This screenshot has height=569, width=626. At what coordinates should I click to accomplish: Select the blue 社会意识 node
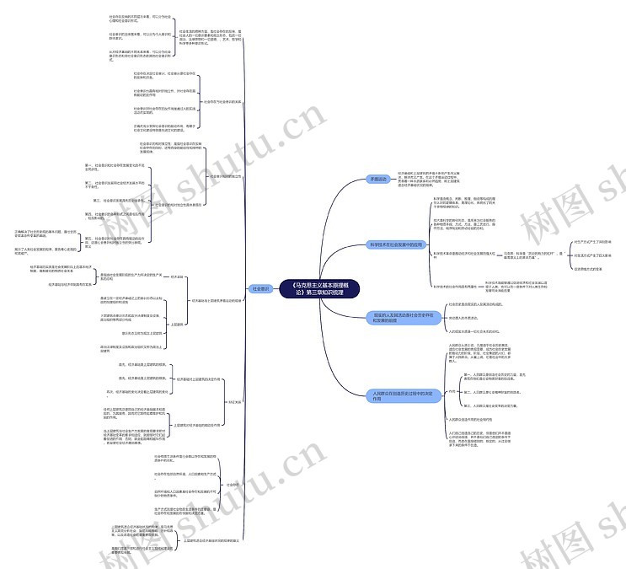click(x=262, y=288)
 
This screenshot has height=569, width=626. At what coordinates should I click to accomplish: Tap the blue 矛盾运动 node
click(x=380, y=180)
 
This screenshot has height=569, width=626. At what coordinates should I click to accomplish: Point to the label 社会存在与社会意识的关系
click(x=222, y=101)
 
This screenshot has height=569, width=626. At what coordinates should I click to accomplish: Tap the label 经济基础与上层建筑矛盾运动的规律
click(x=217, y=299)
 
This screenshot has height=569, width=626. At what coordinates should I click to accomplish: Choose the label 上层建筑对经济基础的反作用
click(x=199, y=426)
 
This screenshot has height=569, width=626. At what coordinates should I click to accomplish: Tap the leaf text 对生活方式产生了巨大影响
click(x=593, y=255)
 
